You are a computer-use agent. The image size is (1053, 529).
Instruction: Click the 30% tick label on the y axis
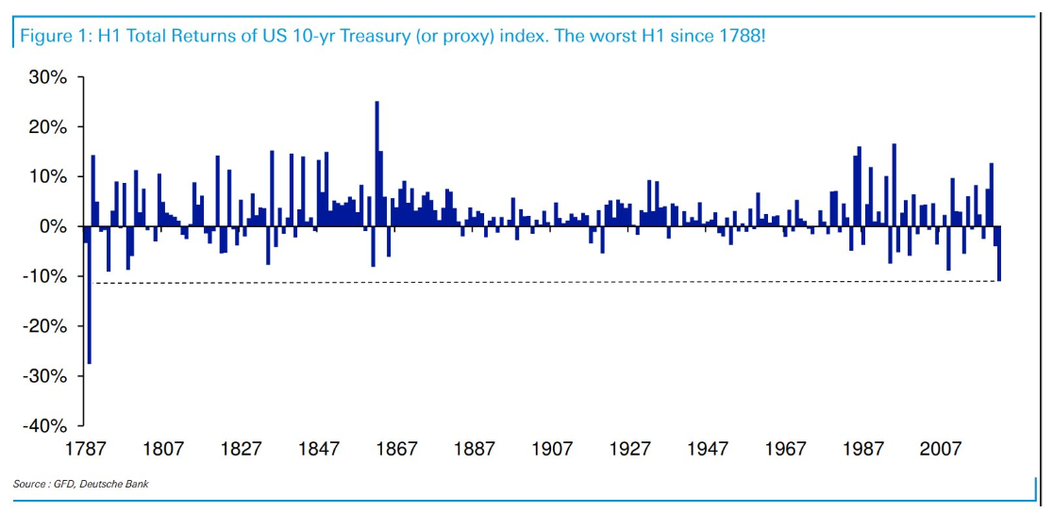(47, 77)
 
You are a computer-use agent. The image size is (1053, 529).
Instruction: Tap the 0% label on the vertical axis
(53, 226)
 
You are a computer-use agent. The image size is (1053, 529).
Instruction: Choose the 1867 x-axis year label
(396, 449)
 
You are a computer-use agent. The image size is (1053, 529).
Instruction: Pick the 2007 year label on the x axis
(940, 449)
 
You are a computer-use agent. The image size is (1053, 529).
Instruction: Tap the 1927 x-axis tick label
(629, 449)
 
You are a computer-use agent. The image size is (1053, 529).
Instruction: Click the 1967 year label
(785, 449)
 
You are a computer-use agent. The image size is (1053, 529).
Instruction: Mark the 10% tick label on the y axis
(47, 177)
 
